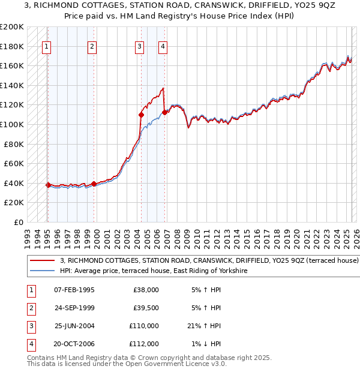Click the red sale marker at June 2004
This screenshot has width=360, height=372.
[142, 115]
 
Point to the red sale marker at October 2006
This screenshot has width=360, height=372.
[164, 112]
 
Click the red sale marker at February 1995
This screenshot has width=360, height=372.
[48, 185]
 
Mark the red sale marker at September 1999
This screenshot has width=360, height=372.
[94, 184]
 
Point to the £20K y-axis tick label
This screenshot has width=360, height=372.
[14, 203]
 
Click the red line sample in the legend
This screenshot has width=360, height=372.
[43, 261]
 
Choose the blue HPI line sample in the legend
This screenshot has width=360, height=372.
[43, 271]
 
